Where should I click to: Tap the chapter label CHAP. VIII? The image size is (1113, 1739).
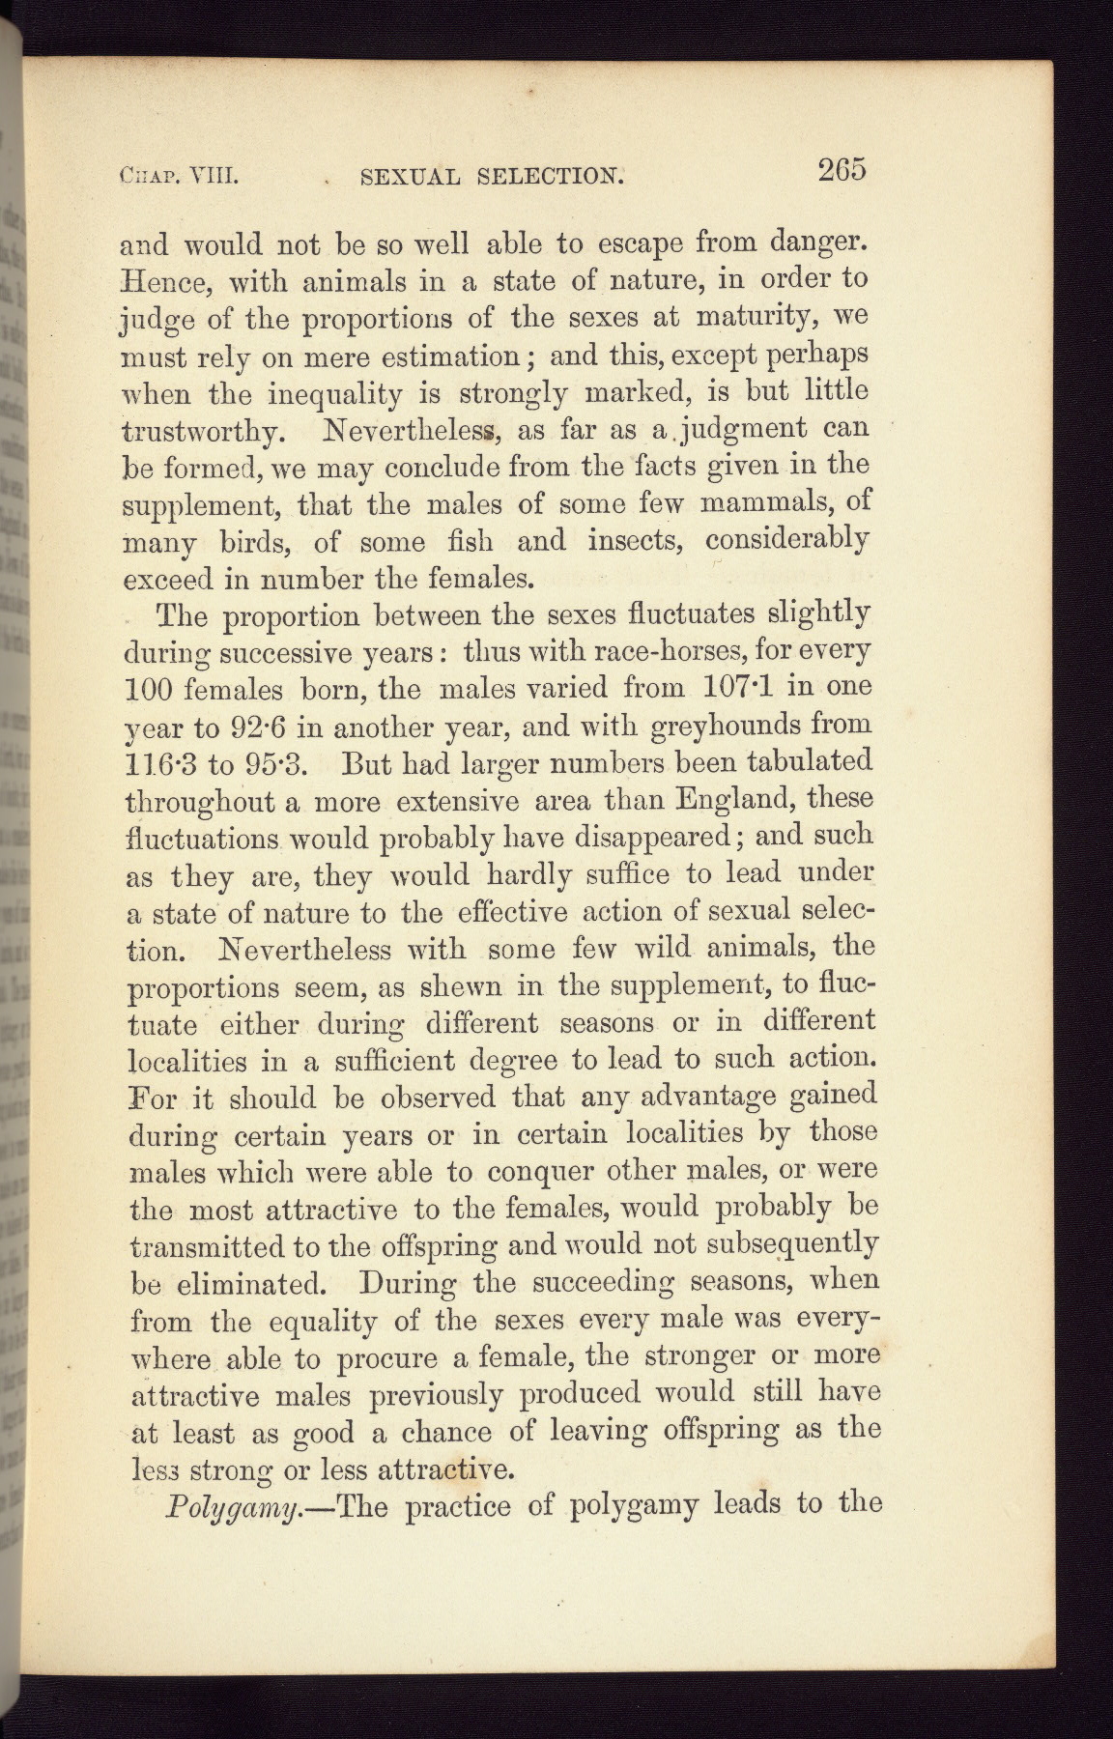coord(179,177)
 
